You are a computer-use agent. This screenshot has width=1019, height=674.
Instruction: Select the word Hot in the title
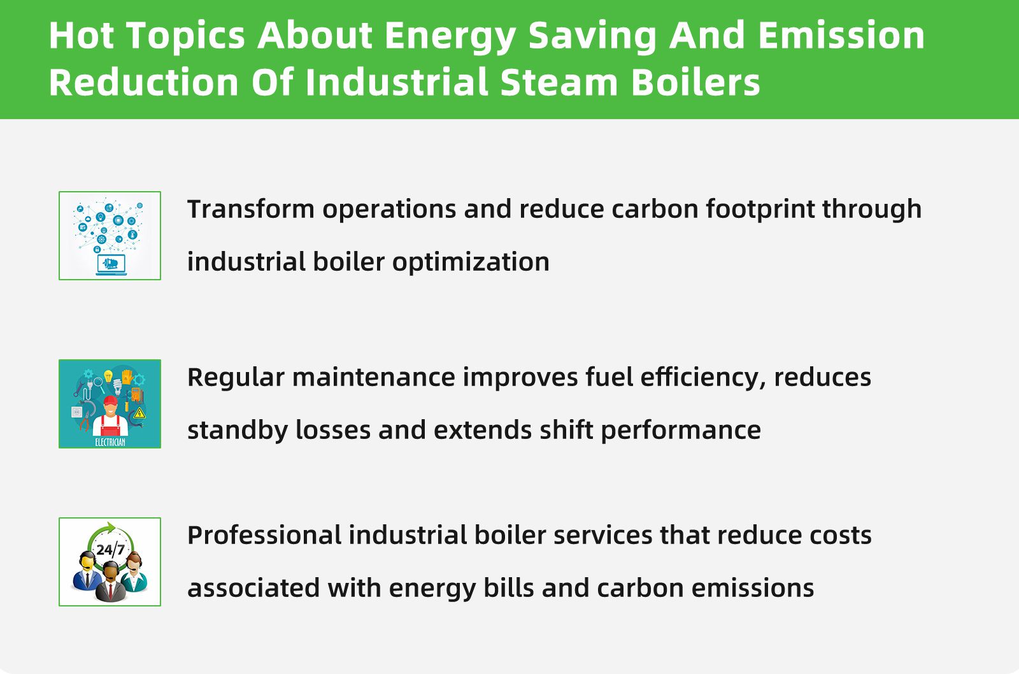coord(81,35)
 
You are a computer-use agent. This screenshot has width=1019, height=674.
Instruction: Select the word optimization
coord(471,262)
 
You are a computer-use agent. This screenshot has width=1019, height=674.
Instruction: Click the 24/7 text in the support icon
coord(110,549)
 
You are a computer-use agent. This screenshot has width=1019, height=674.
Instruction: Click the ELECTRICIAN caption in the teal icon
coord(110,441)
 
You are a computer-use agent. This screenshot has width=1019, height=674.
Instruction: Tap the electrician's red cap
coord(110,401)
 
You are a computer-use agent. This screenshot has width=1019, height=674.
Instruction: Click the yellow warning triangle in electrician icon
coord(139,414)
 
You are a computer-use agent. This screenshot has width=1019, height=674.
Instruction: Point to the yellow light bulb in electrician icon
coord(108,375)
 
